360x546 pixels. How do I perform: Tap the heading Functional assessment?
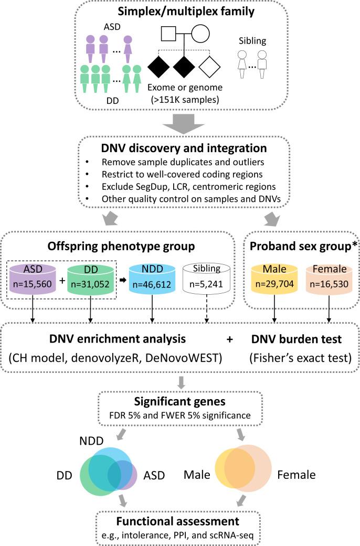click(x=180, y=521)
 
